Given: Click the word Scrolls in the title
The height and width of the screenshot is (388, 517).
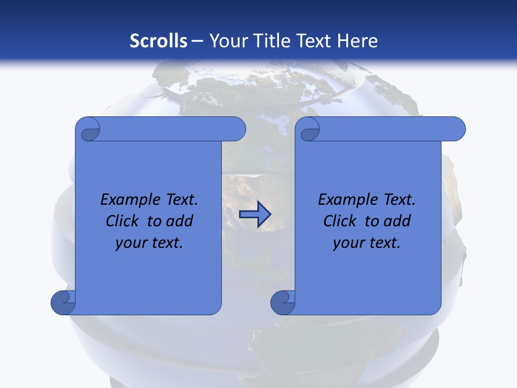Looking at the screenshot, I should coord(158,40).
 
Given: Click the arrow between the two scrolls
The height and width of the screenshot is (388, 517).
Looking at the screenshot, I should coord(255,214).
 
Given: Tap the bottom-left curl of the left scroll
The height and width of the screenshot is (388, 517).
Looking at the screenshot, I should coord(62,303).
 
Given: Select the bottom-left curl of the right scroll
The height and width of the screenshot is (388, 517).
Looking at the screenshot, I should coord(282,303).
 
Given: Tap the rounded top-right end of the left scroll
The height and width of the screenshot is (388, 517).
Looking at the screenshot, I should coord(237,129).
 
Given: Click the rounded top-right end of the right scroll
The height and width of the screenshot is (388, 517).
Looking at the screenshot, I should coord(457,129).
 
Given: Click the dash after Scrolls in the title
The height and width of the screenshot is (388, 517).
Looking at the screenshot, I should coord(197,41).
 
